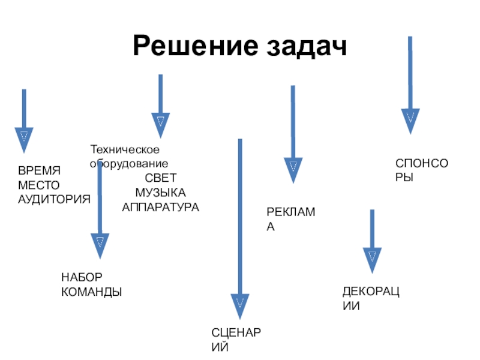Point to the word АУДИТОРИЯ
(x=54, y=199)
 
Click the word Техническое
(x=124, y=149)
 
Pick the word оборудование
(x=129, y=163)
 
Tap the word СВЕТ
(x=161, y=178)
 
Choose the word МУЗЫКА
(x=161, y=192)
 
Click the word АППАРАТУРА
(x=161, y=207)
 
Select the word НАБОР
(x=82, y=277)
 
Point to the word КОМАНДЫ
(x=92, y=292)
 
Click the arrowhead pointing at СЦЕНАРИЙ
(x=240, y=307)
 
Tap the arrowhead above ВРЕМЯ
(x=23, y=139)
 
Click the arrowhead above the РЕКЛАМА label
(x=293, y=170)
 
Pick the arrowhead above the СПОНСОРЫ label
(x=410, y=121)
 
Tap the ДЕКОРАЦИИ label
(x=371, y=298)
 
